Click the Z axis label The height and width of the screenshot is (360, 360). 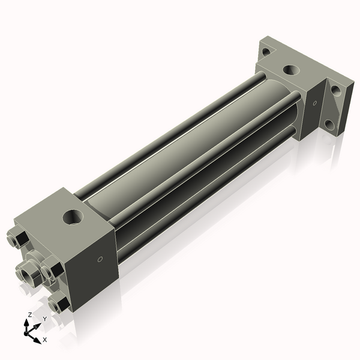click(x=29, y=314)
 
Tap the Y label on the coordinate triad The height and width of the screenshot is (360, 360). click(x=44, y=319)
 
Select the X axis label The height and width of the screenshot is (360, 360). click(x=44, y=340)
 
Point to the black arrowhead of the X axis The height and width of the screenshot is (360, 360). click(x=38, y=335)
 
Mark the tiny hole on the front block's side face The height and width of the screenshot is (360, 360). click(x=100, y=260)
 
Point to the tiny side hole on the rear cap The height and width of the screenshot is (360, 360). click(x=314, y=104)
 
